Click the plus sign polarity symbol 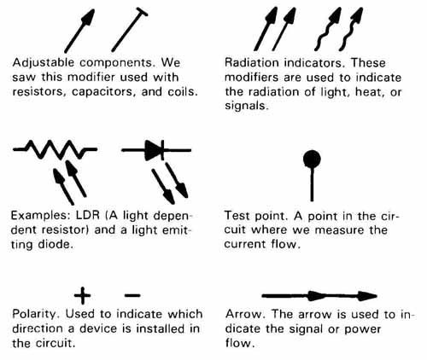pyautogui.click(x=82, y=295)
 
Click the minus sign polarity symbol pyautogui.click(x=132, y=295)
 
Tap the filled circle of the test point pyautogui.click(x=312, y=160)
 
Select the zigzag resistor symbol pyautogui.click(x=56, y=149)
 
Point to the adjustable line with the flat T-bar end pyautogui.click(x=130, y=30)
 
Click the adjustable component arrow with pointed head pyautogui.click(x=79, y=31)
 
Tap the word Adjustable pyautogui.click(x=44, y=63)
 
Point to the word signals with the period pyautogui.click(x=247, y=107)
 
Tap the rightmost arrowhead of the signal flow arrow pyautogui.click(x=367, y=296)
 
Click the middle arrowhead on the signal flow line pyautogui.click(x=316, y=296)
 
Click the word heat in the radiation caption pyautogui.click(x=369, y=92)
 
